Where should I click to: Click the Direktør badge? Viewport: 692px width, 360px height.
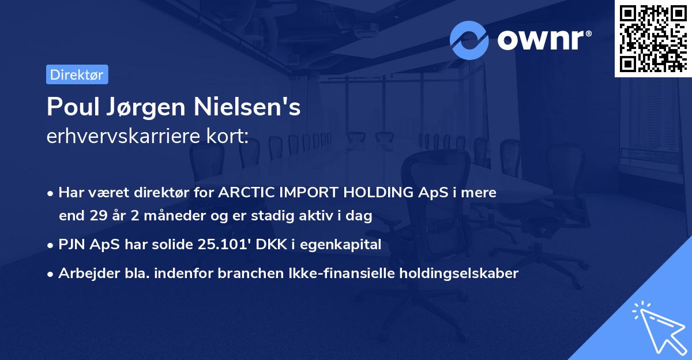point(77,74)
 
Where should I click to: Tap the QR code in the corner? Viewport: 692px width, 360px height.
point(652,38)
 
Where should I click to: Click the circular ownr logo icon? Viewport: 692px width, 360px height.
point(469,40)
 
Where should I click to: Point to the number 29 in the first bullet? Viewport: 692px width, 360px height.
point(98,216)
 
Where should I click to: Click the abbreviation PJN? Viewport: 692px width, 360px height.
point(72,245)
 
